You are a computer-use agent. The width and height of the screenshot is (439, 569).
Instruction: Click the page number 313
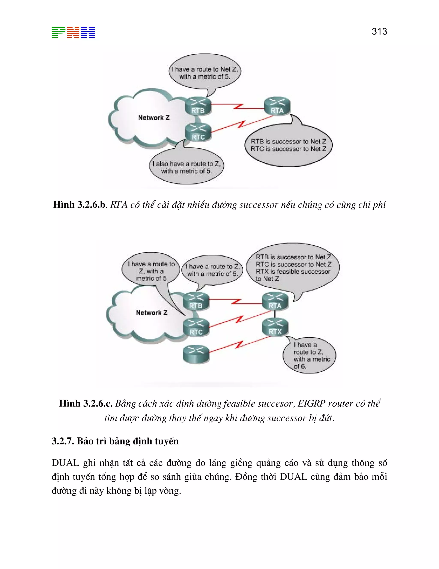click(x=379, y=32)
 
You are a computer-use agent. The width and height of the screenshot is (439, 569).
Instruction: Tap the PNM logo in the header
click(x=73, y=33)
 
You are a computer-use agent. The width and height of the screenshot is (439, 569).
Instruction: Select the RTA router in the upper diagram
click(x=277, y=106)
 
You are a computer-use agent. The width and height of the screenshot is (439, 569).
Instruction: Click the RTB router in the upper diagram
click(x=198, y=106)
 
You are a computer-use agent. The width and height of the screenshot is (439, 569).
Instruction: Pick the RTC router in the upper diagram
click(x=198, y=132)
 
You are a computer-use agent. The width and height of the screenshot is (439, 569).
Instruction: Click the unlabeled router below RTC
click(x=196, y=354)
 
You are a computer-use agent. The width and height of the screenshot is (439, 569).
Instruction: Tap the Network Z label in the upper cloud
click(x=154, y=118)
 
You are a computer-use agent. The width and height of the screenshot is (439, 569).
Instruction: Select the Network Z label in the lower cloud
click(x=152, y=313)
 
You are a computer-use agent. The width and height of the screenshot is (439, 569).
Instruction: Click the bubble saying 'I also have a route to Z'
click(x=186, y=167)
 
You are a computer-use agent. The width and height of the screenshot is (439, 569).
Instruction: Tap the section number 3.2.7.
click(x=62, y=441)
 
